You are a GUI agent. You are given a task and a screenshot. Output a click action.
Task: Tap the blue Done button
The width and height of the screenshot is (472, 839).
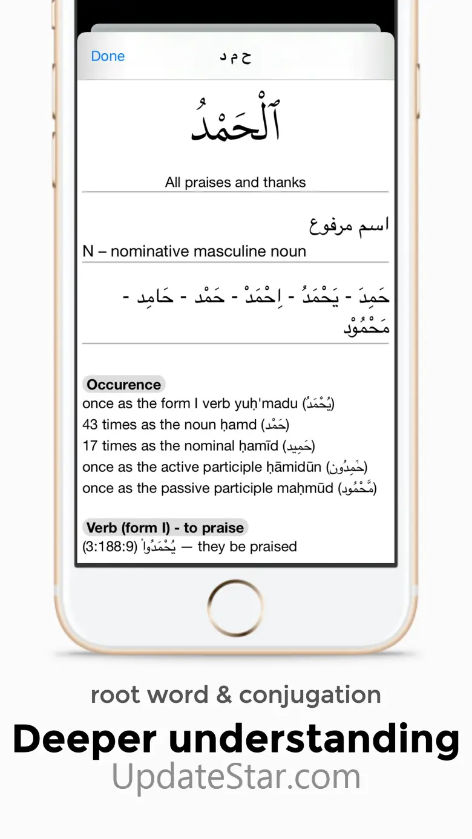(108, 56)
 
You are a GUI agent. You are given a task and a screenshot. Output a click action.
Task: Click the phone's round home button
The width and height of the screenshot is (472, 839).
(235, 607)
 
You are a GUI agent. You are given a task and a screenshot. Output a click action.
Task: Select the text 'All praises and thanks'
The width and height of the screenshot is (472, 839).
(235, 182)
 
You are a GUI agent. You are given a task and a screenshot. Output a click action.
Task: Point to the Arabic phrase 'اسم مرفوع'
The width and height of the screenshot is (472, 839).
(349, 225)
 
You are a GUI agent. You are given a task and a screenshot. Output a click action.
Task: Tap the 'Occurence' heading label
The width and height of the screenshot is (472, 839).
(123, 385)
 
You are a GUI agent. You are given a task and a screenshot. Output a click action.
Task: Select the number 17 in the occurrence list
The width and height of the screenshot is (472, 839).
(90, 446)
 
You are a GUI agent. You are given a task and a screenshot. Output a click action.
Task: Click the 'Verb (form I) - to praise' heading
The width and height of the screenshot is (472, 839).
(165, 527)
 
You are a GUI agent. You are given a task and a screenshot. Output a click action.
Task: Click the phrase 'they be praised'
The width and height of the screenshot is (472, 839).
(247, 547)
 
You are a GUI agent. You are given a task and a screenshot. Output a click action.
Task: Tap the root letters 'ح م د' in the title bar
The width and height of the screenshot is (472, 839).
(235, 56)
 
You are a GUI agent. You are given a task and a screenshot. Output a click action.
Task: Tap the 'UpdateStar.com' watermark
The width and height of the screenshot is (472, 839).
(236, 777)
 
